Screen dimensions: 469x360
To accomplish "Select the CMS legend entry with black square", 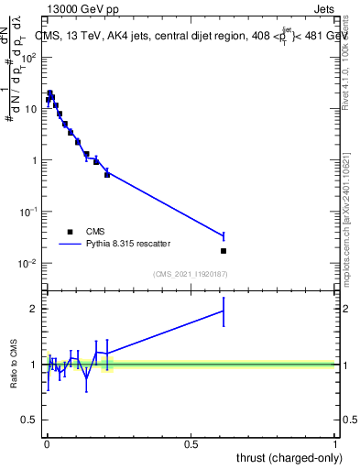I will click(x=70, y=232).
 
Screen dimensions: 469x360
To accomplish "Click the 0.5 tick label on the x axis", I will click(x=191, y=444).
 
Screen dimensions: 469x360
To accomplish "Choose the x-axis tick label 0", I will click(x=46, y=444).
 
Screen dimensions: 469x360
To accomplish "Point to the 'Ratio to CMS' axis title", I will click(x=14, y=364).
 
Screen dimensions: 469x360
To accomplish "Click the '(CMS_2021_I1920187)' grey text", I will click(x=191, y=274).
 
